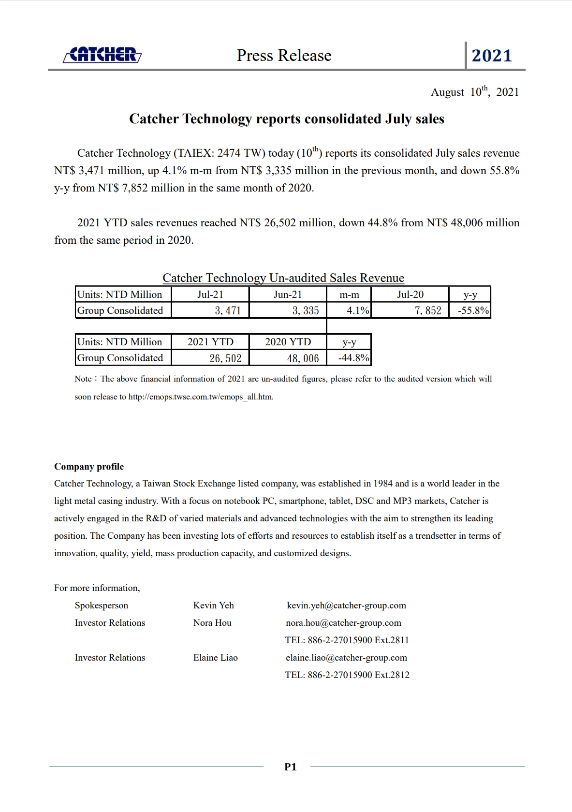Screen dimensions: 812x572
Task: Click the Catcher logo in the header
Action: pyautogui.click(x=103, y=55)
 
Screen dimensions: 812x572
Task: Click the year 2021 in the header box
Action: pyautogui.click(x=491, y=56)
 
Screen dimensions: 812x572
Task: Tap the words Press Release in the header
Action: pyautogui.click(x=284, y=56)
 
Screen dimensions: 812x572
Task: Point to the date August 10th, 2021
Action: pyautogui.click(x=474, y=92)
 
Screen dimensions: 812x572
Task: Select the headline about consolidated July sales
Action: pyautogui.click(x=286, y=119)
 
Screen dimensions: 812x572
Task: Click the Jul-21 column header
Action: pyautogui.click(x=210, y=295)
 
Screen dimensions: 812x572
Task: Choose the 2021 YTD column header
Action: pyautogui.click(x=210, y=342)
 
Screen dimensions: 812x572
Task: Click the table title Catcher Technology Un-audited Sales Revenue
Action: pyautogui.click(x=283, y=278)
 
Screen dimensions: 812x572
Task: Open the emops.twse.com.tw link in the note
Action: pyautogui.click(x=201, y=397)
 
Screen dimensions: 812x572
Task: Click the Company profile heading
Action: pyautogui.click(x=89, y=467)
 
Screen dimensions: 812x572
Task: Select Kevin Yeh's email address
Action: pyautogui.click(x=346, y=605)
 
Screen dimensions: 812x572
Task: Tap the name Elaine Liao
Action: pyautogui.click(x=215, y=658)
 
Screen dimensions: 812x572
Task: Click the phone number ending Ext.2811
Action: pyautogui.click(x=347, y=640)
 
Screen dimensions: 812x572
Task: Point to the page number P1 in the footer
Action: pyautogui.click(x=290, y=767)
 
